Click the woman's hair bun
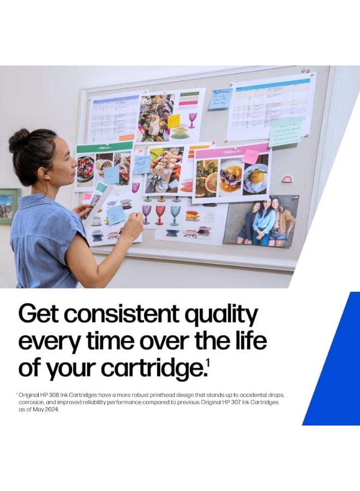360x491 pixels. point(19,141)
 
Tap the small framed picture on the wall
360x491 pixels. point(9,206)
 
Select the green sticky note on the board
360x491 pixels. point(285,132)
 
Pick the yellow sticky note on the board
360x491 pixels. point(173,121)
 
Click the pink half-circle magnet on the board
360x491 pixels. point(286,178)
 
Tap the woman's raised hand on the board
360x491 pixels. point(133,225)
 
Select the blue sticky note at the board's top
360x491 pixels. point(220,99)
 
